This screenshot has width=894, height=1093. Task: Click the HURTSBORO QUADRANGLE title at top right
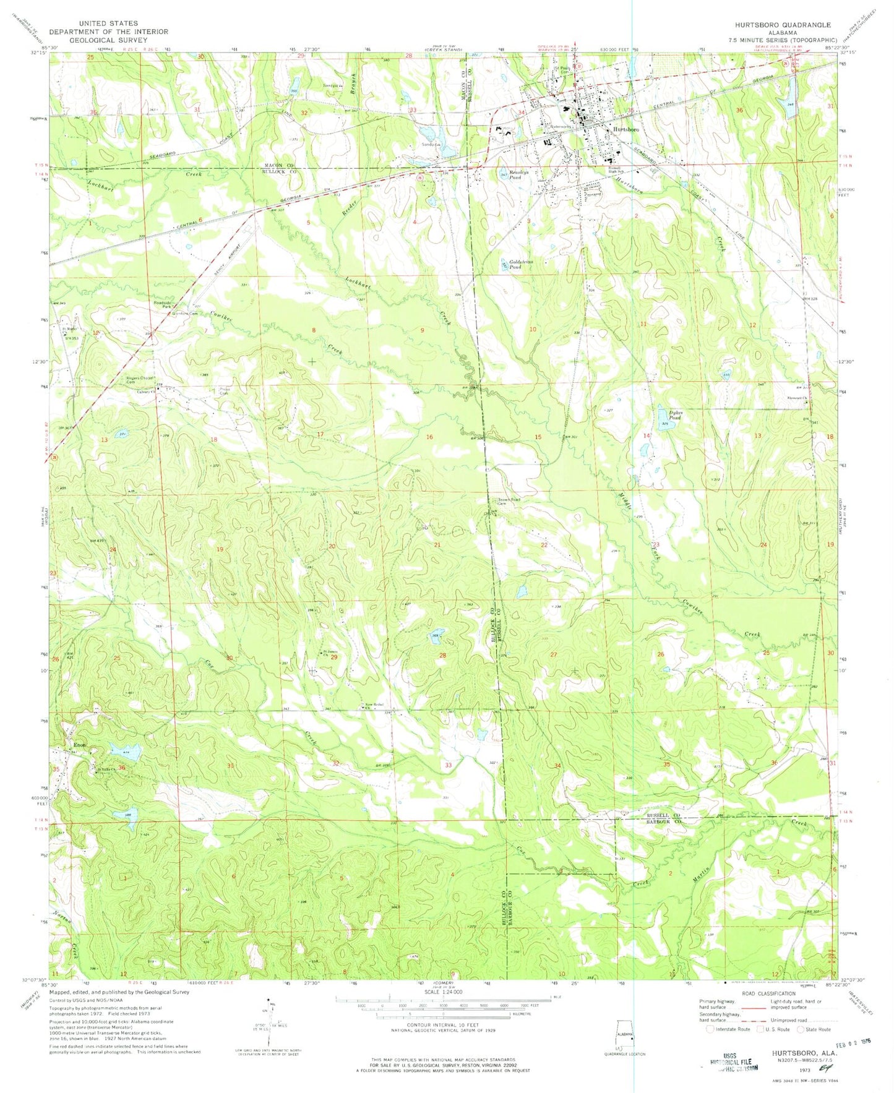pyautogui.click(x=783, y=25)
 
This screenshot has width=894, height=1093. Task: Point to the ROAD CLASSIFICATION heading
pyautogui.click(x=767, y=993)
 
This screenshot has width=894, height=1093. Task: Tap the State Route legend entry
pyautogui.click(x=815, y=1029)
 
